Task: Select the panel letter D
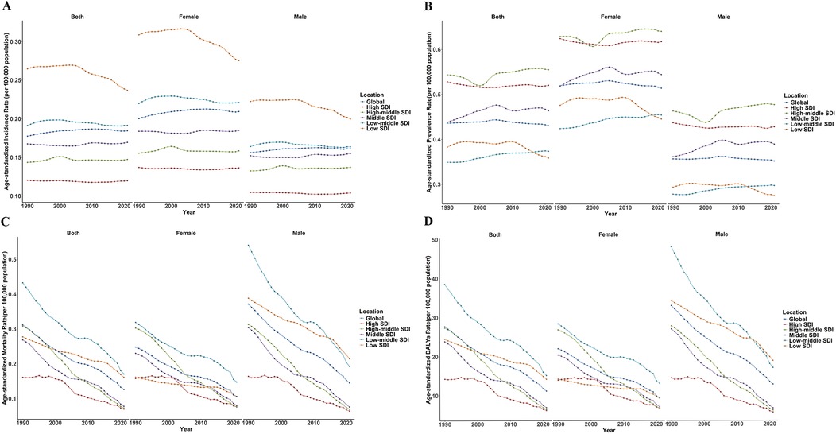tap(429, 224)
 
